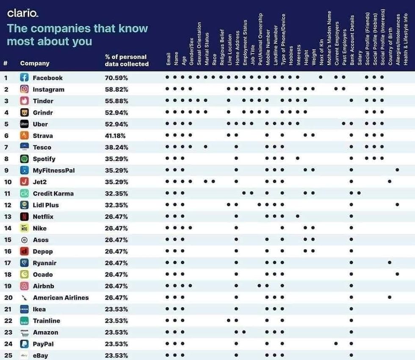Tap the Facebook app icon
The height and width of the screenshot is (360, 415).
point(25,78)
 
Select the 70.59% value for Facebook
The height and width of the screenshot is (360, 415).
point(116,78)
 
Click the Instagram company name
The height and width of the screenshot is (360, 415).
point(48,89)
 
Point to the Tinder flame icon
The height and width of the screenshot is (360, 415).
point(25,101)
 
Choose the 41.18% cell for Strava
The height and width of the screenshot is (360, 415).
point(116,136)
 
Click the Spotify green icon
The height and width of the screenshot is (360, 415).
point(25,159)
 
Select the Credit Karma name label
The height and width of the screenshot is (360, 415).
point(53,193)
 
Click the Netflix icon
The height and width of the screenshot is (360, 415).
point(25,217)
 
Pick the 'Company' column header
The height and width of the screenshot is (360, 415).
point(35,63)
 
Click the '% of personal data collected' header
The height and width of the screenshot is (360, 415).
point(126,60)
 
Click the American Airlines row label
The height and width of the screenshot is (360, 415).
point(61,297)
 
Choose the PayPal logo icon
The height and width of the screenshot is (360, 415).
point(25,344)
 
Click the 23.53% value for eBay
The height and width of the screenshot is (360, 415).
point(116,355)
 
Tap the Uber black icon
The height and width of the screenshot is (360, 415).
point(25,124)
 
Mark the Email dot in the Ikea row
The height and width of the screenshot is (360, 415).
point(167,309)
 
